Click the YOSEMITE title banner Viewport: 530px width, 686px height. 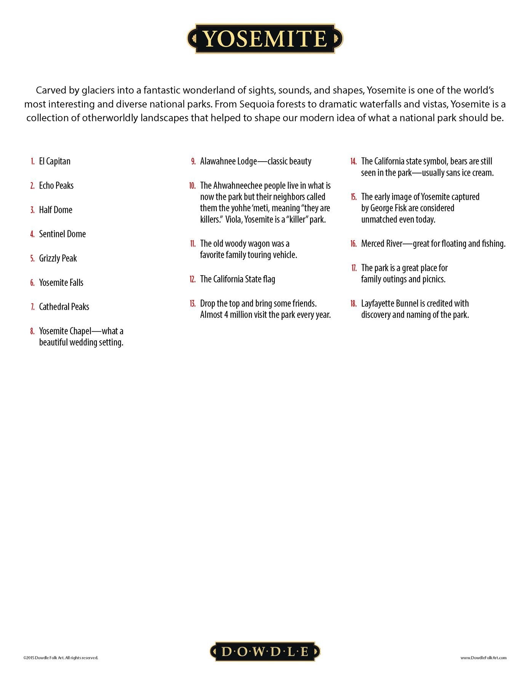click(265, 38)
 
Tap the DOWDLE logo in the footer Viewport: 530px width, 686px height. click(265, 651)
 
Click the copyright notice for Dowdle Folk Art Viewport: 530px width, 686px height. click(61, 658)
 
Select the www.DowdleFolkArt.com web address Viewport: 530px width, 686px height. click(483, 658)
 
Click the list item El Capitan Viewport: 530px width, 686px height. click(54, 161)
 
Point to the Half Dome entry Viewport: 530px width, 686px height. click(56, 210)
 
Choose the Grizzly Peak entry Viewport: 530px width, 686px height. click(58, 258)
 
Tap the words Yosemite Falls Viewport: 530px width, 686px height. click(61, 283)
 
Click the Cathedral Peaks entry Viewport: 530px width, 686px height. click(64, 307)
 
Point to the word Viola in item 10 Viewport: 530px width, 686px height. click(233, 220)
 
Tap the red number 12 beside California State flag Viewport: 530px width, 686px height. click(192, 279)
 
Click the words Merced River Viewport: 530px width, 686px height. click(381, 244)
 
